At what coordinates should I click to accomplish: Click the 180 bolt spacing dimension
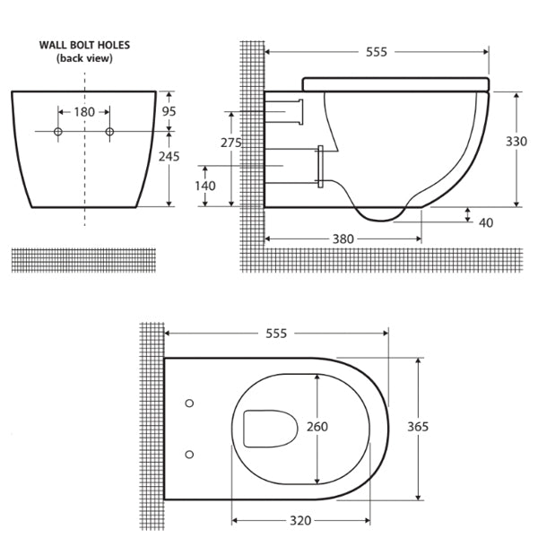tap(84, 112)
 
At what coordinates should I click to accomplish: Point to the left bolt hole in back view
tap(58, 133)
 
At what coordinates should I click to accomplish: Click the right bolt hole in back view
tap(110, 133)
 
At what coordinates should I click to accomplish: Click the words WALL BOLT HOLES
tap(83, 44)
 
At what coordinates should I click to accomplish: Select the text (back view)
tap(83, 58)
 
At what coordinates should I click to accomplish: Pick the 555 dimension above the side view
tap(377, 52)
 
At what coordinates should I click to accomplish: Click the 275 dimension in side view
tap(231, 143)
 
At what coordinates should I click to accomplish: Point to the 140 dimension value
tap(205, 186)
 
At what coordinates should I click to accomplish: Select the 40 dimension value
tap(486, 222)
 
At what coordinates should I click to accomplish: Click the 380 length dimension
tap(343, 239)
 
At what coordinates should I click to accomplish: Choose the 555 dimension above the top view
tap(275, 334)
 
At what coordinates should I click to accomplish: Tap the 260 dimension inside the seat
tap(317, 427)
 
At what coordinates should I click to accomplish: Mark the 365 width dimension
tap(418, 427)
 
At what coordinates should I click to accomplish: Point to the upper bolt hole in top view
tap(189, 403)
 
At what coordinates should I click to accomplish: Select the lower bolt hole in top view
tap(189, 455)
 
